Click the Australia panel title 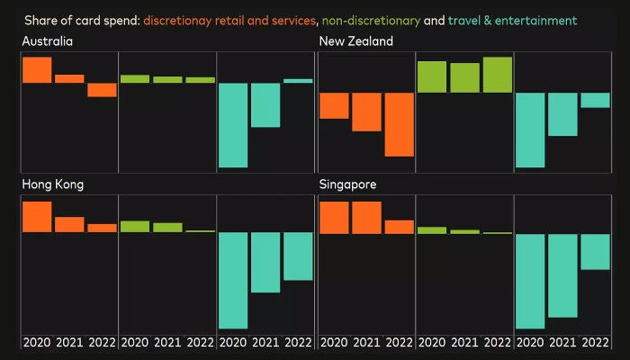48,41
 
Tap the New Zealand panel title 356,41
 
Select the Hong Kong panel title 53,184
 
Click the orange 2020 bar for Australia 37,70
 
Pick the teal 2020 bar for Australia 233,125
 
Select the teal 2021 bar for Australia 265,105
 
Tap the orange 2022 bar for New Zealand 399,124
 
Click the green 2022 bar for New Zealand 498,75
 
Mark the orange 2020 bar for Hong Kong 37,217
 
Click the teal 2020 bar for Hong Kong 233,280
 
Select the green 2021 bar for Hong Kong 167,228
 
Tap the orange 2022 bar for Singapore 399,227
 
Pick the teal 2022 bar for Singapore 595,252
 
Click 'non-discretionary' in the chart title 370,20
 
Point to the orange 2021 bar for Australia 69,78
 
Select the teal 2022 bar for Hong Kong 298,256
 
